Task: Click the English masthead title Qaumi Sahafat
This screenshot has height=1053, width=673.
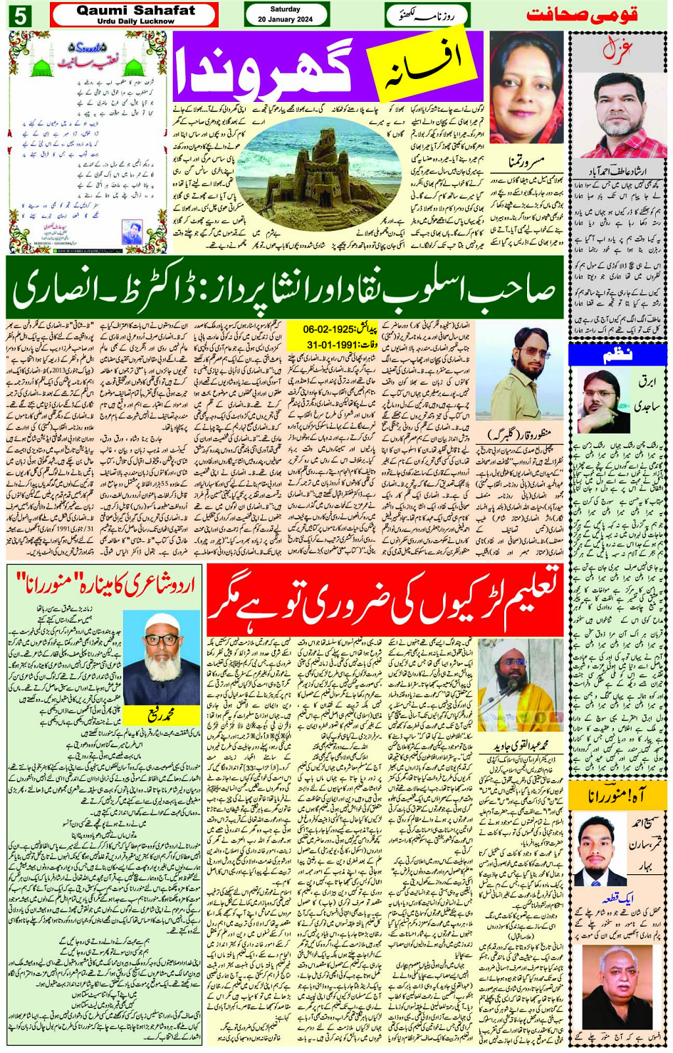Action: pos(135,11)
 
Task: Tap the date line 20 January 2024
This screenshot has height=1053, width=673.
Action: pos(286,19)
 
